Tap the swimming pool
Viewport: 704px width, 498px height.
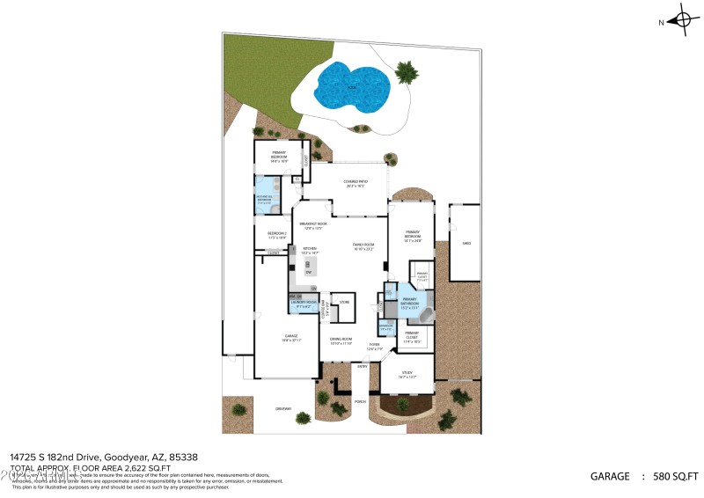(353, 84)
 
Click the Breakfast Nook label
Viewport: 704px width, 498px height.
(313, 226)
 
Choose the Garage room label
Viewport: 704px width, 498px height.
(290, 338)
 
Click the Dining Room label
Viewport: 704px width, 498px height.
(341, 341)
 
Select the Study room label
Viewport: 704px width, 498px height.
(407, 374)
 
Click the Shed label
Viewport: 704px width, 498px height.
(466, 243)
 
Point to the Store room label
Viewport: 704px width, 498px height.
(344, 302)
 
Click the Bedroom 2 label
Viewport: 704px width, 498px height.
(277, 235)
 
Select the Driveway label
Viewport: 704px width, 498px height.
(282, 408)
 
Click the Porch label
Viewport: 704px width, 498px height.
(360, 401)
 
